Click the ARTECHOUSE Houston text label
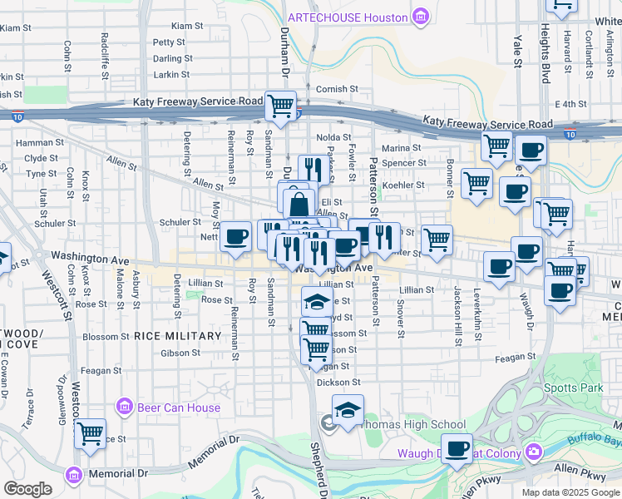348,17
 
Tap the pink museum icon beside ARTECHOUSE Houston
421,17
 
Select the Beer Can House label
179,408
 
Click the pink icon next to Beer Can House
125,407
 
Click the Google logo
27,489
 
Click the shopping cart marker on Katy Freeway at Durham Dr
281,105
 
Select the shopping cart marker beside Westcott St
90,432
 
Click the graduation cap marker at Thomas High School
348,409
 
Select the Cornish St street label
337,89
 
